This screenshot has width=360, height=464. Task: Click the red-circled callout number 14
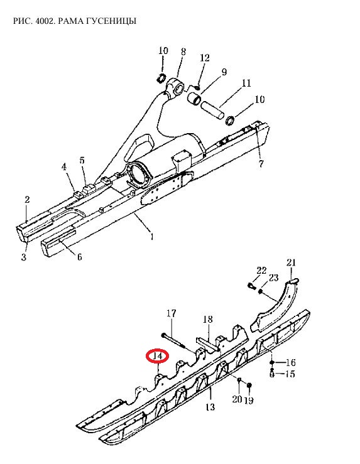[158, 356]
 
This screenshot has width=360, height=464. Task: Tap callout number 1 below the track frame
[152, 237]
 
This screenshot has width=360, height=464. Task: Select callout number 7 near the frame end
[261, 164]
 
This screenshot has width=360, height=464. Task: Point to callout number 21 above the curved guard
[291, 262]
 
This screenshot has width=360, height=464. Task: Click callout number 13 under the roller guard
[210, 407]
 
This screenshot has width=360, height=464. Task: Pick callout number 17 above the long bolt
[171, 313]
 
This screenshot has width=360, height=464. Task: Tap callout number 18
[208, 320]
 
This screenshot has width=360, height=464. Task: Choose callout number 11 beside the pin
[246, 83]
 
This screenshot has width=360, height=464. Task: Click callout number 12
[205, 58]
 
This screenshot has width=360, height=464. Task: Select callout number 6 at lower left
[79, 257]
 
